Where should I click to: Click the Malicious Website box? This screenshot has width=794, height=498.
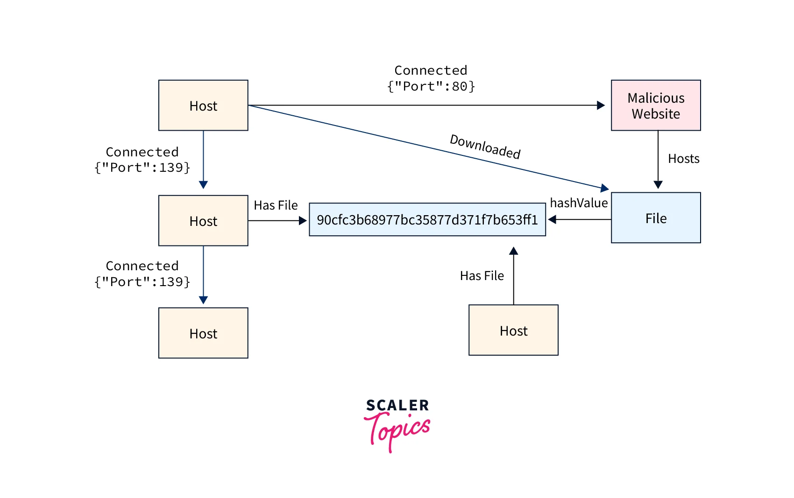click(655, 105)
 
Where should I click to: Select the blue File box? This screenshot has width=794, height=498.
click(655, 218)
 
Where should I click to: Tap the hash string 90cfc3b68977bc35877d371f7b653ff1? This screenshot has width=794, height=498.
click(427, 220)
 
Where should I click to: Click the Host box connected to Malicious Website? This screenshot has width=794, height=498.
click(203, 105)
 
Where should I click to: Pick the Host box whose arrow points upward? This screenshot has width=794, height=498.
click(513, 330)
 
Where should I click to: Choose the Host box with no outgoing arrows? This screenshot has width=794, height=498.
click(203, 333)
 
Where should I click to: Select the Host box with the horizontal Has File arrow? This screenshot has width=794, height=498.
click(203, 221)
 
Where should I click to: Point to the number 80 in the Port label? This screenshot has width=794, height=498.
click(460, 86)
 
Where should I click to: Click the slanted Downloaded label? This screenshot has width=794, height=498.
click(485, 147)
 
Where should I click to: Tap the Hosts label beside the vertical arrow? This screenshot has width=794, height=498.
click(683, 159)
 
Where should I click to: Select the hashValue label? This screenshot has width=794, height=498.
click(579, 203)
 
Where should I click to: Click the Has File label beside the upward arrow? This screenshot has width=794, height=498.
click(482, 276)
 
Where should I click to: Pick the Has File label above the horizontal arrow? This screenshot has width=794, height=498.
click(276, 205)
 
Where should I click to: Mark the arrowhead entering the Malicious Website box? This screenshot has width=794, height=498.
click(601, 105)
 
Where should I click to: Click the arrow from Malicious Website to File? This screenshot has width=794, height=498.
click(658, 159)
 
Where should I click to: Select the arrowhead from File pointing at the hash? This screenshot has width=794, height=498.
click(552, 219)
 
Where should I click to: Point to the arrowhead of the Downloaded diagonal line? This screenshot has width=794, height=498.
click(605, 188)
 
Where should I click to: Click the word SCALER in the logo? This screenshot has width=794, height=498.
click(397, 405)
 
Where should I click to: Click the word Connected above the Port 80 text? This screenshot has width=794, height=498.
click(430, 70)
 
